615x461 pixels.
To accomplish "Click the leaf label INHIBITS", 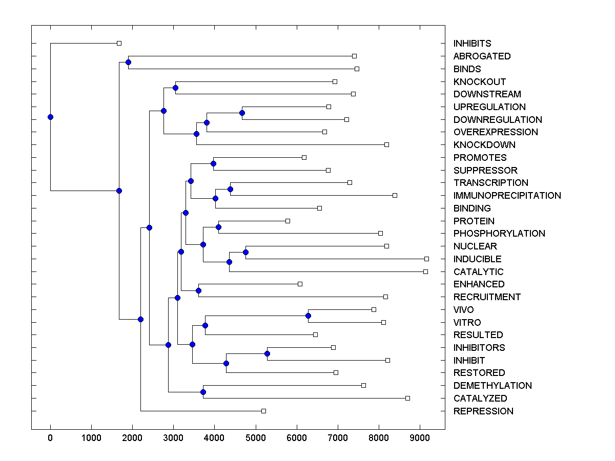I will [472, 44].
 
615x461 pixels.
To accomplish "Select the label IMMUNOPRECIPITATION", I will [507, 196].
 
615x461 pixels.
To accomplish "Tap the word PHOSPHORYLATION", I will [499, 234].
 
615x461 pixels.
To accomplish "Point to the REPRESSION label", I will [483, 411].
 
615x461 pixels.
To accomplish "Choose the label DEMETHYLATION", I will [493, 386].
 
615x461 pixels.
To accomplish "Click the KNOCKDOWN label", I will [484, 145].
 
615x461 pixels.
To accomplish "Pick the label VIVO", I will [463, 310].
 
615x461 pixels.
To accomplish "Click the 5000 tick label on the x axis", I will [256, 438].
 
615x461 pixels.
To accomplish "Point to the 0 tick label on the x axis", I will [50, 438].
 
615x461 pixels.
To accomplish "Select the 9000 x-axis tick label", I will [420, 438].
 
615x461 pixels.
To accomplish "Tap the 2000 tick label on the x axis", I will [132, 438].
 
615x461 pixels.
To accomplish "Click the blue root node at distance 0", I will [50, 117].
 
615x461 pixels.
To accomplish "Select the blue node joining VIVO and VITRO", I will [308, 316].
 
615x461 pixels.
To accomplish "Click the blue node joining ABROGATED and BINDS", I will [128, 62].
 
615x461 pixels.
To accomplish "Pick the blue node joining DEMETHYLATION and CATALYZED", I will [203, 392].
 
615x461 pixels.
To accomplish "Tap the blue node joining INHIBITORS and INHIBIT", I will [267, 354].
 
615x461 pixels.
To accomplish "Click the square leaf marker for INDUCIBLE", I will [426, 259].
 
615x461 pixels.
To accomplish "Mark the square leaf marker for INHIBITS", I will [119, 43].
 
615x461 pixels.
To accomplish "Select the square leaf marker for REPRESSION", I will [263, 411].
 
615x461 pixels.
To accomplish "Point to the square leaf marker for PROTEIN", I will [288, 221].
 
